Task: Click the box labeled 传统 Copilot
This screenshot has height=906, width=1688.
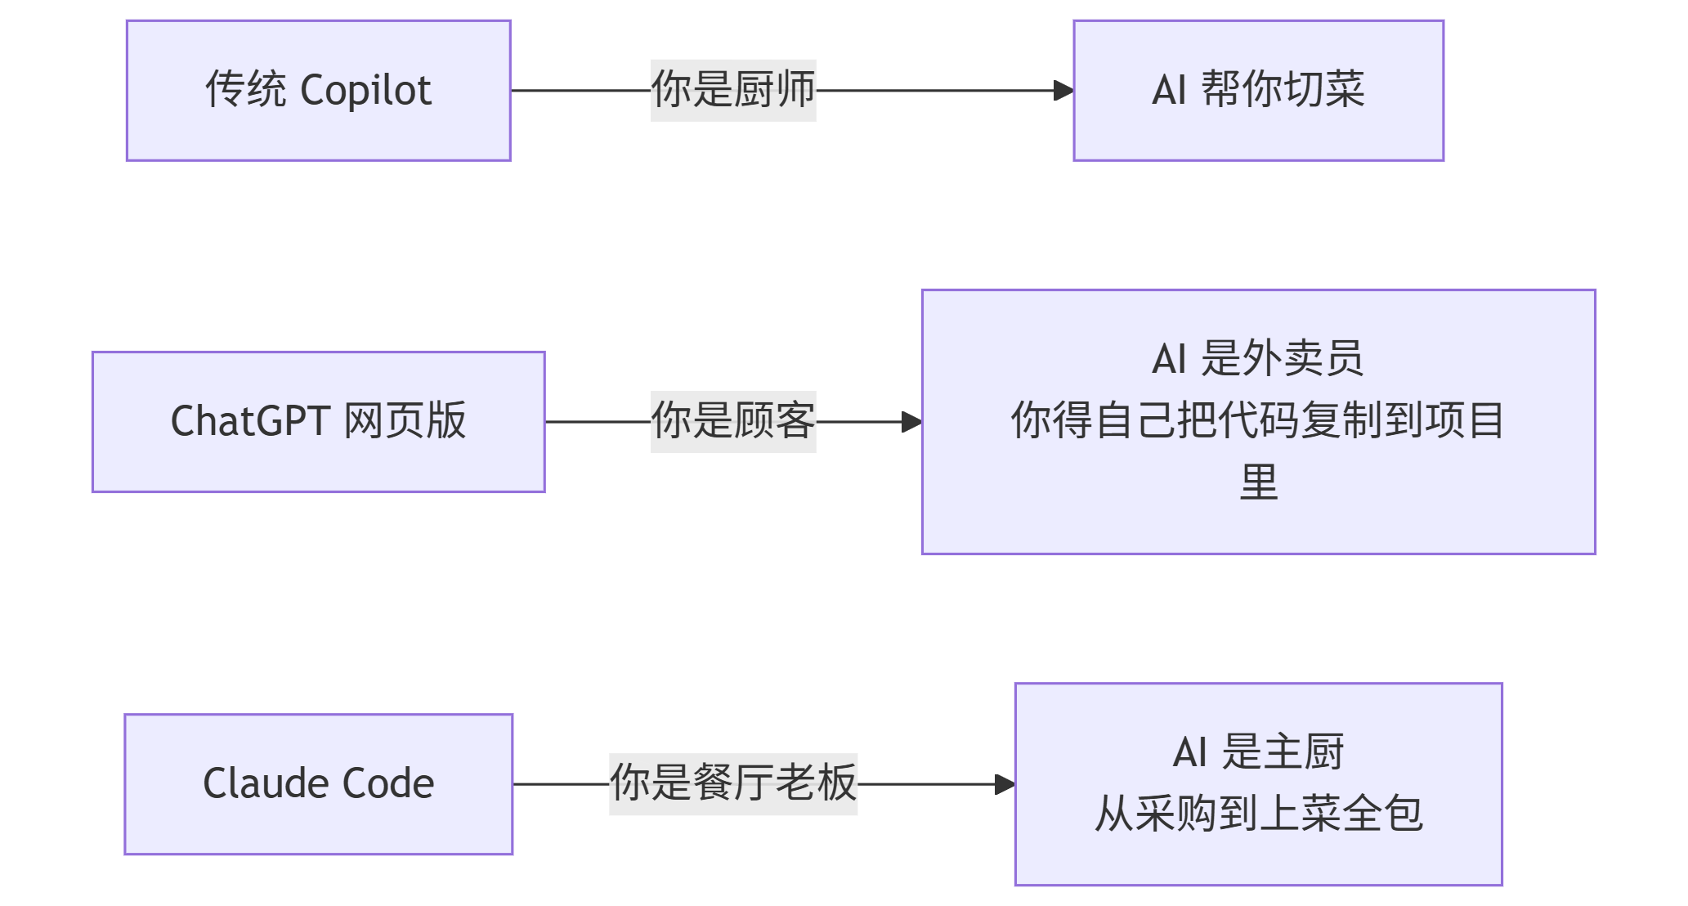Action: pos(319,91)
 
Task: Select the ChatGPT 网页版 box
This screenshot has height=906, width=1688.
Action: pos(319,422)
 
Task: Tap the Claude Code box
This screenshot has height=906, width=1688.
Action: pos(319,784)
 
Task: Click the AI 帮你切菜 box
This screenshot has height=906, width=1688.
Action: pos(1258,91)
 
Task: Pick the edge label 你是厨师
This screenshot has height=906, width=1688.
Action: pos(733,90)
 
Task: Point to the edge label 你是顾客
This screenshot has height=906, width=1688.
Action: pos(733,421)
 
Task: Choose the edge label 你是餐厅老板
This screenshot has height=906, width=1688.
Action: pos(733,783)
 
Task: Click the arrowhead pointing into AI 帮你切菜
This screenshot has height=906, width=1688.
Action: pos(1063,91)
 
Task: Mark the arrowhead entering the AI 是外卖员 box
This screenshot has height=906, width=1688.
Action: pos(911,422)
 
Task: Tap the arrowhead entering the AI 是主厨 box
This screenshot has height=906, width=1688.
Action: pos(1005,784)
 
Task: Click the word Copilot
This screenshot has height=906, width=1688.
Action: pos(365,91)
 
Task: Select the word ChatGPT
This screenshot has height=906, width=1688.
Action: pos(250,422)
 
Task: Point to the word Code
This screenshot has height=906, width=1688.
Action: pos(388,784)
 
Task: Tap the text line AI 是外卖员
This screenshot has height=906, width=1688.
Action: pos(1258,359)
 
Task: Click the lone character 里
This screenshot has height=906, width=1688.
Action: pos(1258,482)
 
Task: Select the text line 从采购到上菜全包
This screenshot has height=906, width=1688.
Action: pos(1258,814)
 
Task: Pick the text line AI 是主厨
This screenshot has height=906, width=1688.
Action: pos(1258,752)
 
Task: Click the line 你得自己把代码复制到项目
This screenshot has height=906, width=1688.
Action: pos(1258,421)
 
